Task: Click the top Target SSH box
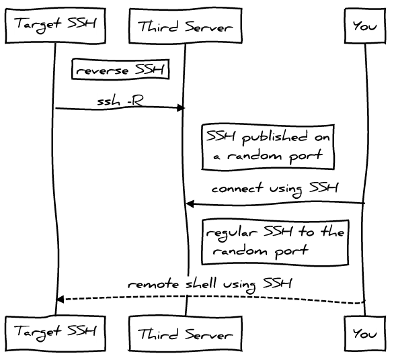click(x=55, y=26)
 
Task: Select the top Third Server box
click(x=186, y=26)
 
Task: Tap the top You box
click(x=365, y=26)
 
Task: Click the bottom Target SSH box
click(x=55, y=333)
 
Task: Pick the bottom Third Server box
click(x=186, y=333)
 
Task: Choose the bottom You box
click(x=365, y=333)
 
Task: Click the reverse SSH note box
click(x=120, y=69)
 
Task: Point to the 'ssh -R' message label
click(x=120, y=101)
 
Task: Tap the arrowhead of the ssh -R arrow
click(x=182, y=108)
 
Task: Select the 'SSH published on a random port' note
click(x=268, y=147)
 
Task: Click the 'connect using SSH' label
click(x=275, y=189)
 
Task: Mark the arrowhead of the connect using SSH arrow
click(x=190, y=204)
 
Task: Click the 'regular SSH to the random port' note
click(x=275, y=242)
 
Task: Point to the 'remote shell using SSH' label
click(x=210, y=284)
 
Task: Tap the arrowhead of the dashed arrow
click(x=60, y=299)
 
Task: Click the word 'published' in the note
click(x=274, y=138)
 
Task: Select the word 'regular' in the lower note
click(x=231, y=234)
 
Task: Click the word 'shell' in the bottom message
click(x=201, y=283)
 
